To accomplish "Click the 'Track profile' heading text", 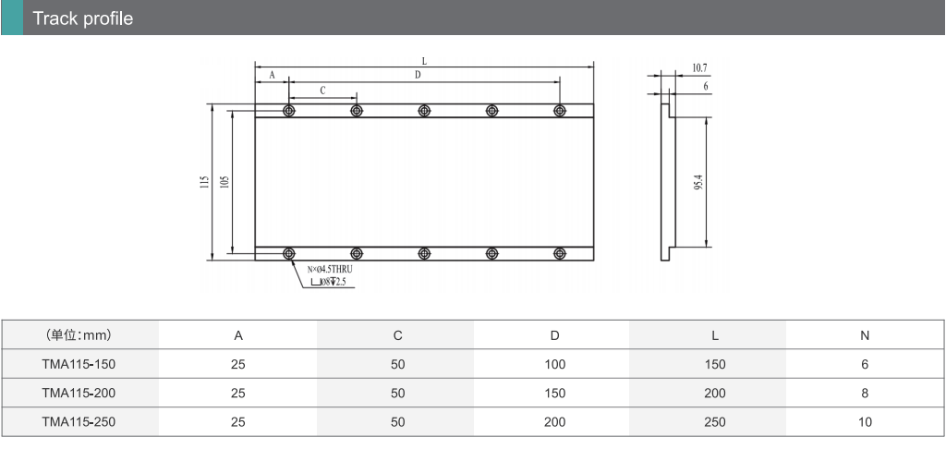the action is pos(82,18).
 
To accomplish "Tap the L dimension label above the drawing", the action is pos(424,61).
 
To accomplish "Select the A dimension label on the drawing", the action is pos(272,76).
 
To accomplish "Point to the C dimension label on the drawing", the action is pos(322,91).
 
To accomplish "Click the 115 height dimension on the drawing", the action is pos(204,182).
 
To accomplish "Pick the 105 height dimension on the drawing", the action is pos(224,182).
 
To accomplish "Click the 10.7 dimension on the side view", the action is pos(699,68).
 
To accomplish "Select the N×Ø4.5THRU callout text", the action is pos(330,270).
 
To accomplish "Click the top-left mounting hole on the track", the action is pos(289,111).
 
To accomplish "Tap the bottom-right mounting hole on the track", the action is pos(560,253).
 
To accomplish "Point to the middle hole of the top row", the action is pos(424,111).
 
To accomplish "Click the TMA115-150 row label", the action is pos(79,365).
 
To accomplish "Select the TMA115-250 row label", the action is pos(79,422).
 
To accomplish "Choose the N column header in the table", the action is pos(865,335).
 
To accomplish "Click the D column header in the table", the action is pos(554,335).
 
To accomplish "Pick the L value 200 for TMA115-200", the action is pos(715,394).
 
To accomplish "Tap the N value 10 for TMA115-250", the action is pos(865,422).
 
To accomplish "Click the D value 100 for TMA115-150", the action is pos(554,365).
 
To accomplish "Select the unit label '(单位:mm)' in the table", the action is pos(79,335).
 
